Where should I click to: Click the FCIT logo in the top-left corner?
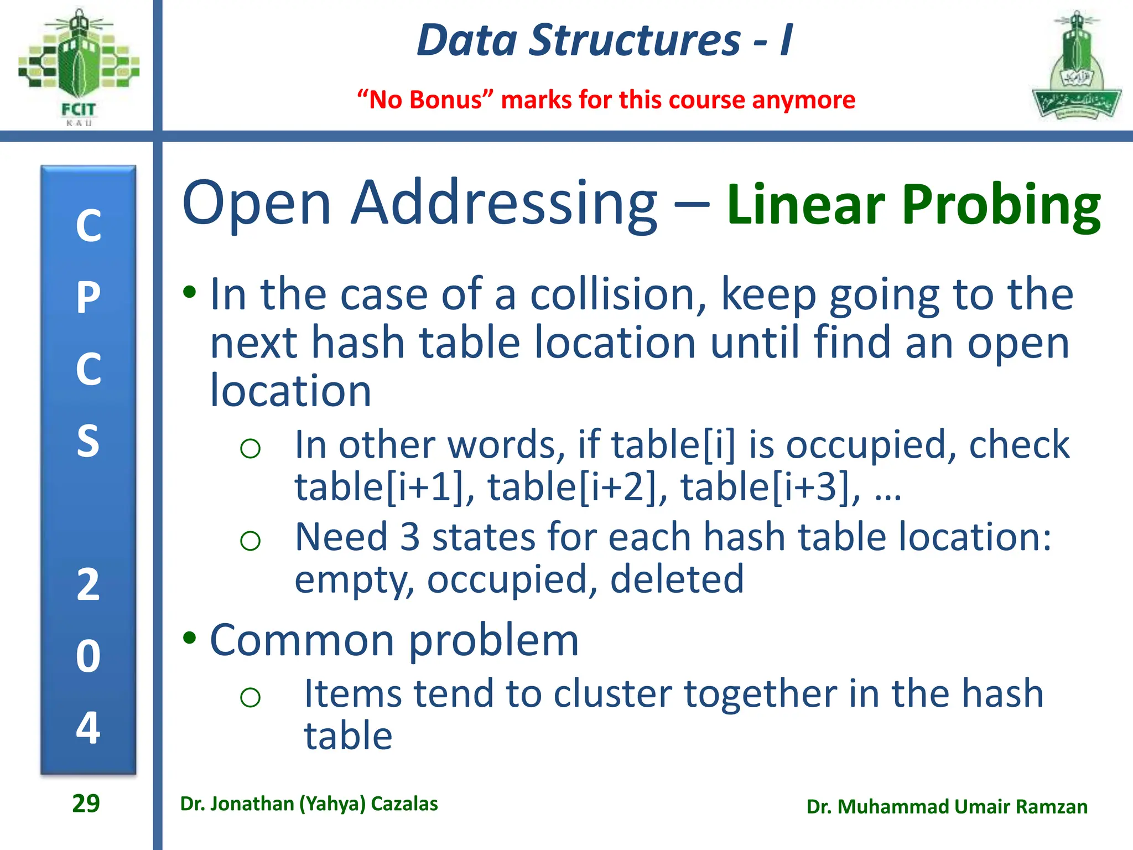tap(78, 66)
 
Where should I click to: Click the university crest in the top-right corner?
tap(1076, 66)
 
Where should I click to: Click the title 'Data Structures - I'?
tap(605, 40)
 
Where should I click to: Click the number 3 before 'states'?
tap(410, 537)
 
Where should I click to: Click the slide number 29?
tap(86, 804)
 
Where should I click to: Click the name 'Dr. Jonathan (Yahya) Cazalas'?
tap(309, 804)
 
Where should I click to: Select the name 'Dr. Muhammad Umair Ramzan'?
tap(947, 807)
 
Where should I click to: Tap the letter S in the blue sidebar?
tap(89, 441)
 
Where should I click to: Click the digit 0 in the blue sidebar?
tap(89, 656)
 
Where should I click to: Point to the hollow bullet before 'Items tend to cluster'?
tap(250, 697)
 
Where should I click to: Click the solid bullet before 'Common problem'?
tap(190, 638)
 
